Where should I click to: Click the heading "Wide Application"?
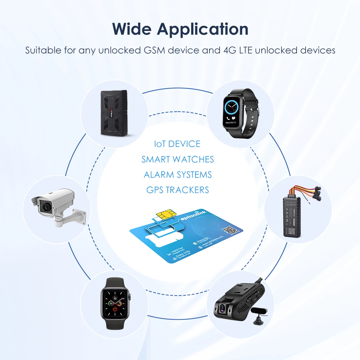tap(180, 29)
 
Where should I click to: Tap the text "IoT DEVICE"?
tap(177, 144)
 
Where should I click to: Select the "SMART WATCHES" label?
tap(178, 159)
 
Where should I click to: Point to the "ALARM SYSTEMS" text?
tap(178, 175)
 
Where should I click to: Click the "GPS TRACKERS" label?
tap(178, 190)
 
